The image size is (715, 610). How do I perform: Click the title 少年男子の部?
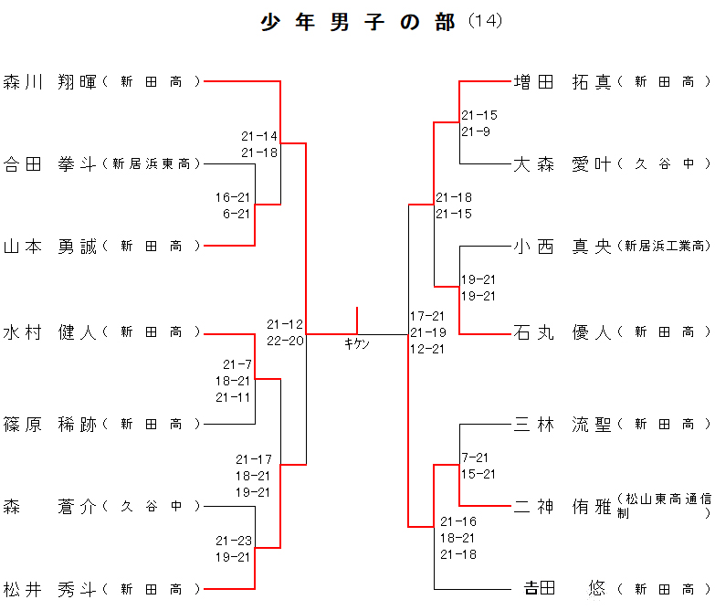(x=358, y=23)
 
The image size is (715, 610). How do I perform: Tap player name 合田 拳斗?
(x=50, y=164)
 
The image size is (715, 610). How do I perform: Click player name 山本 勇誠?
(x=50, y=247)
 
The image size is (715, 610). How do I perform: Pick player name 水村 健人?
(x=50, y=333)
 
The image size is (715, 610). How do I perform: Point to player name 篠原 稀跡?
(x=50, y=425)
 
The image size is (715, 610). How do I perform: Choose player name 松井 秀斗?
(x=50, y=589)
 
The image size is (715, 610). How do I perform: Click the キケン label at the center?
(x=357, y=343)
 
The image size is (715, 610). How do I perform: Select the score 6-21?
(x=236, y=214)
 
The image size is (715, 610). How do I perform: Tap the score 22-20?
(x=285, y=341)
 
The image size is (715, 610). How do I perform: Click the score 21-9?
(x=476, y=131)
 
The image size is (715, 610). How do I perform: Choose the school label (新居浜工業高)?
(x=663, y=247)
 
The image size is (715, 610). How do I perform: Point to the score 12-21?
(x=427, y=349)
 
